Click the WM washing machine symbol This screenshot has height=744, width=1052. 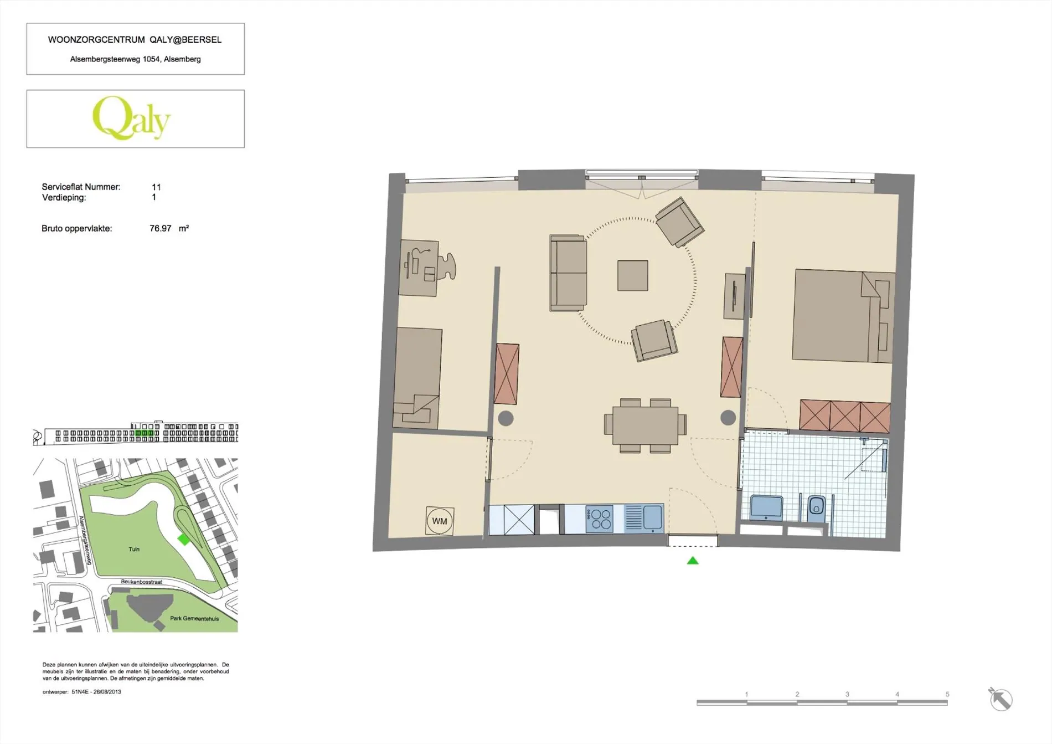click(440, 521)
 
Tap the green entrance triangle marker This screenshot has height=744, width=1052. click(693, 561)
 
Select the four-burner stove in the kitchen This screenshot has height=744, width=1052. click(600, 519)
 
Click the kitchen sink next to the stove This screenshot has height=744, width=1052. click(644, 519)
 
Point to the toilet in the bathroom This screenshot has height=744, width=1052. click(816, 508)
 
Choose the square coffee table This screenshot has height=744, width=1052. click(633, 275)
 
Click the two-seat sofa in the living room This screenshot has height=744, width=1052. click(568, 273)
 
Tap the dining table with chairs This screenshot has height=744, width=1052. click(645, 425)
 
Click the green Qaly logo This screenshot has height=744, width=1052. click(131, 118)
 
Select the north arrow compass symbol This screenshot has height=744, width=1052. click(1001, 699)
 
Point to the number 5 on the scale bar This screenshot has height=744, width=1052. click(947, 694)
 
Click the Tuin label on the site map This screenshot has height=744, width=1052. click(134, 549)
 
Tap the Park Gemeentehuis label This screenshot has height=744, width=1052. click(194, 618)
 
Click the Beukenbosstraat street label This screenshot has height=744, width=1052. click(142, 582)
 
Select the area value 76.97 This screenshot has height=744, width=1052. click(161, 228)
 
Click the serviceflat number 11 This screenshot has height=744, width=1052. click(156, 187)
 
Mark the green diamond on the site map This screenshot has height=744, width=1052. click(184, 539)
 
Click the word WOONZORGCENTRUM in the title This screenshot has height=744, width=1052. click(96, 40)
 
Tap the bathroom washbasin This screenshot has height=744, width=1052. click(766, 507)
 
